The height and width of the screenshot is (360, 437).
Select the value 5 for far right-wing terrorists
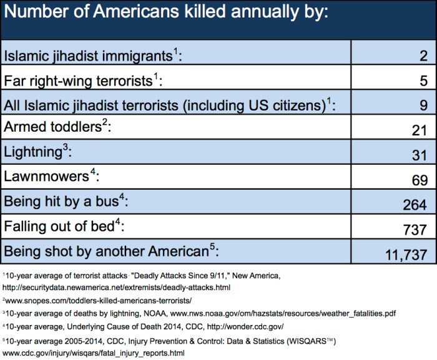tap(422, 79)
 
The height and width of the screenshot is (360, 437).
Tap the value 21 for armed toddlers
tap(419, 130)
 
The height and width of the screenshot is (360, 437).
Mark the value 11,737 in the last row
tap(403, 254)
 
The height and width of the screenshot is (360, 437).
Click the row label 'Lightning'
tap(28, 152)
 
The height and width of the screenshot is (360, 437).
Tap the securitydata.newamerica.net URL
tap(115, 287)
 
